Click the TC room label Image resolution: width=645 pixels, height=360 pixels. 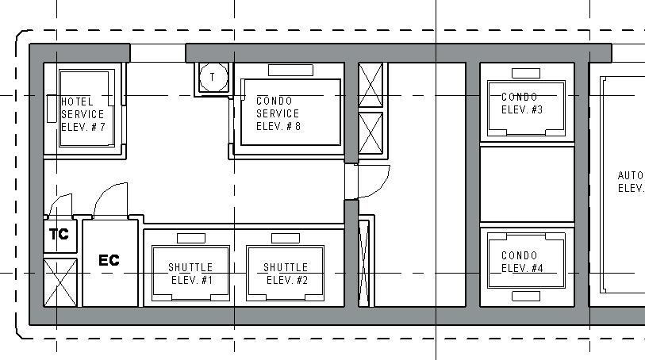tap(60, 234)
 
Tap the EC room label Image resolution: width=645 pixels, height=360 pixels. tap(109, 260)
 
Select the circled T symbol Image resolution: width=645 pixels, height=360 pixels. tap(213, 77)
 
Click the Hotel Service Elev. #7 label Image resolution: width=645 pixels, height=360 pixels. tap(83, 114)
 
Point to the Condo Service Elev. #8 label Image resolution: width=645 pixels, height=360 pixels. tap(278, 113)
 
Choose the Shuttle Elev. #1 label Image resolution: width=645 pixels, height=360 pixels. tap(191, 274)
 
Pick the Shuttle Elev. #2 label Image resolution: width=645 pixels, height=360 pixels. tap(286, 274)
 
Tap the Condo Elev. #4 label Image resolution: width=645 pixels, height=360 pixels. tap(521, 262)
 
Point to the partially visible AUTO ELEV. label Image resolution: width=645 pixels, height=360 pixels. tap(631, 182)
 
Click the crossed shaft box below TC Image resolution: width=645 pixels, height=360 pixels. tap(60, 282)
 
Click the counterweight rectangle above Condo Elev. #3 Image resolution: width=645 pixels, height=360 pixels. tap(526, 73)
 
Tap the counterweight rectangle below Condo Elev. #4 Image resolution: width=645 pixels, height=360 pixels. tap(526, 296)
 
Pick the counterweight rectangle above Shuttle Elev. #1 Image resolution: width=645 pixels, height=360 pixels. tap(191, 239)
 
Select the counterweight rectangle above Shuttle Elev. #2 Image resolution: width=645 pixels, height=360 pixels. tap(286, 239)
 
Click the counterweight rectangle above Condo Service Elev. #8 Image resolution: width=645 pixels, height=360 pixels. tap(291, 71)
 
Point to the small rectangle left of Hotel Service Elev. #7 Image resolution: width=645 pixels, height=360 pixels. tap(52, 109)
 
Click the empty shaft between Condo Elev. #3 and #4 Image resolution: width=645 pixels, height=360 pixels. tap(527, 184)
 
